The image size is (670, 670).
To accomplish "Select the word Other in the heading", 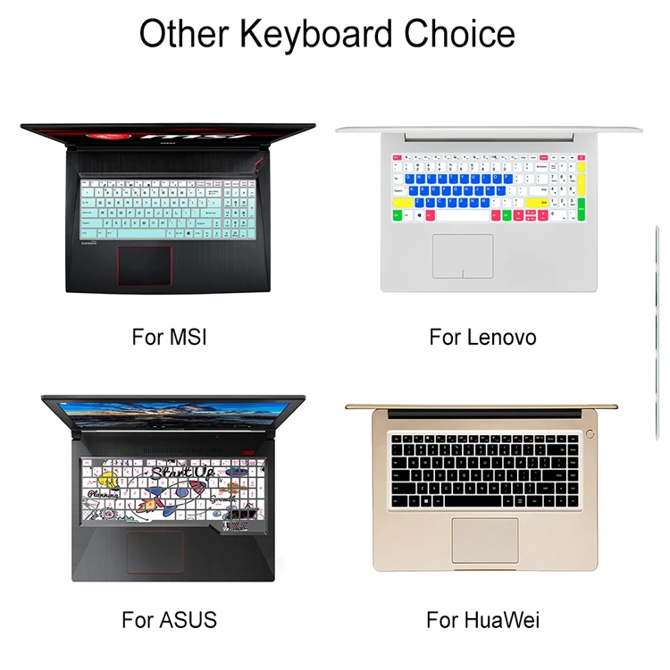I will (x=180, y=34).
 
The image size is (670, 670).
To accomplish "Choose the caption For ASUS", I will (x=169, y=618).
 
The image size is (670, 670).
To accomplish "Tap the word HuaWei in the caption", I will (x=499, y=618).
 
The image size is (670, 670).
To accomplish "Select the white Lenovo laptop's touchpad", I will (x=463, y=255).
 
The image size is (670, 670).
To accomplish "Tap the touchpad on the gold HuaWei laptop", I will (x=484, y=539).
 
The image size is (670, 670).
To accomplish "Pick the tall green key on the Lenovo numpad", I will (x=582, y=211).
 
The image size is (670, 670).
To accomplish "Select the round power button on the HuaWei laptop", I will (x=590, y=434).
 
